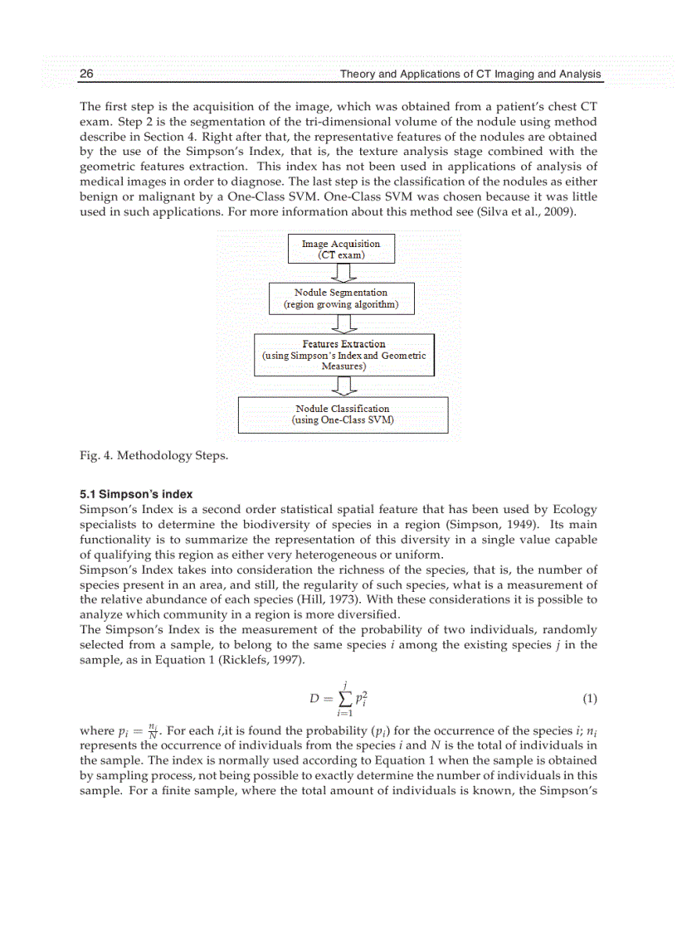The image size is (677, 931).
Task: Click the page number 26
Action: point(86,75)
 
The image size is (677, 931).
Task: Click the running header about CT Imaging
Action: point(470,75)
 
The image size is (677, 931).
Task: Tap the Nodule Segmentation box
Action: point(341,298)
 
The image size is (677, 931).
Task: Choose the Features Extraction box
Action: point(343,355)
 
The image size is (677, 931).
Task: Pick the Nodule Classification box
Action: point(343,415)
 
